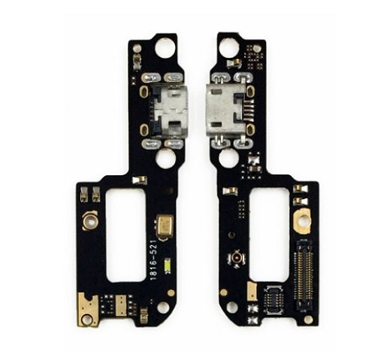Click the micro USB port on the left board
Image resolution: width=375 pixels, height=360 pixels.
tap(169, 110)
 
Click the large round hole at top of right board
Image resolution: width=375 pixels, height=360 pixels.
tap(228, 47)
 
